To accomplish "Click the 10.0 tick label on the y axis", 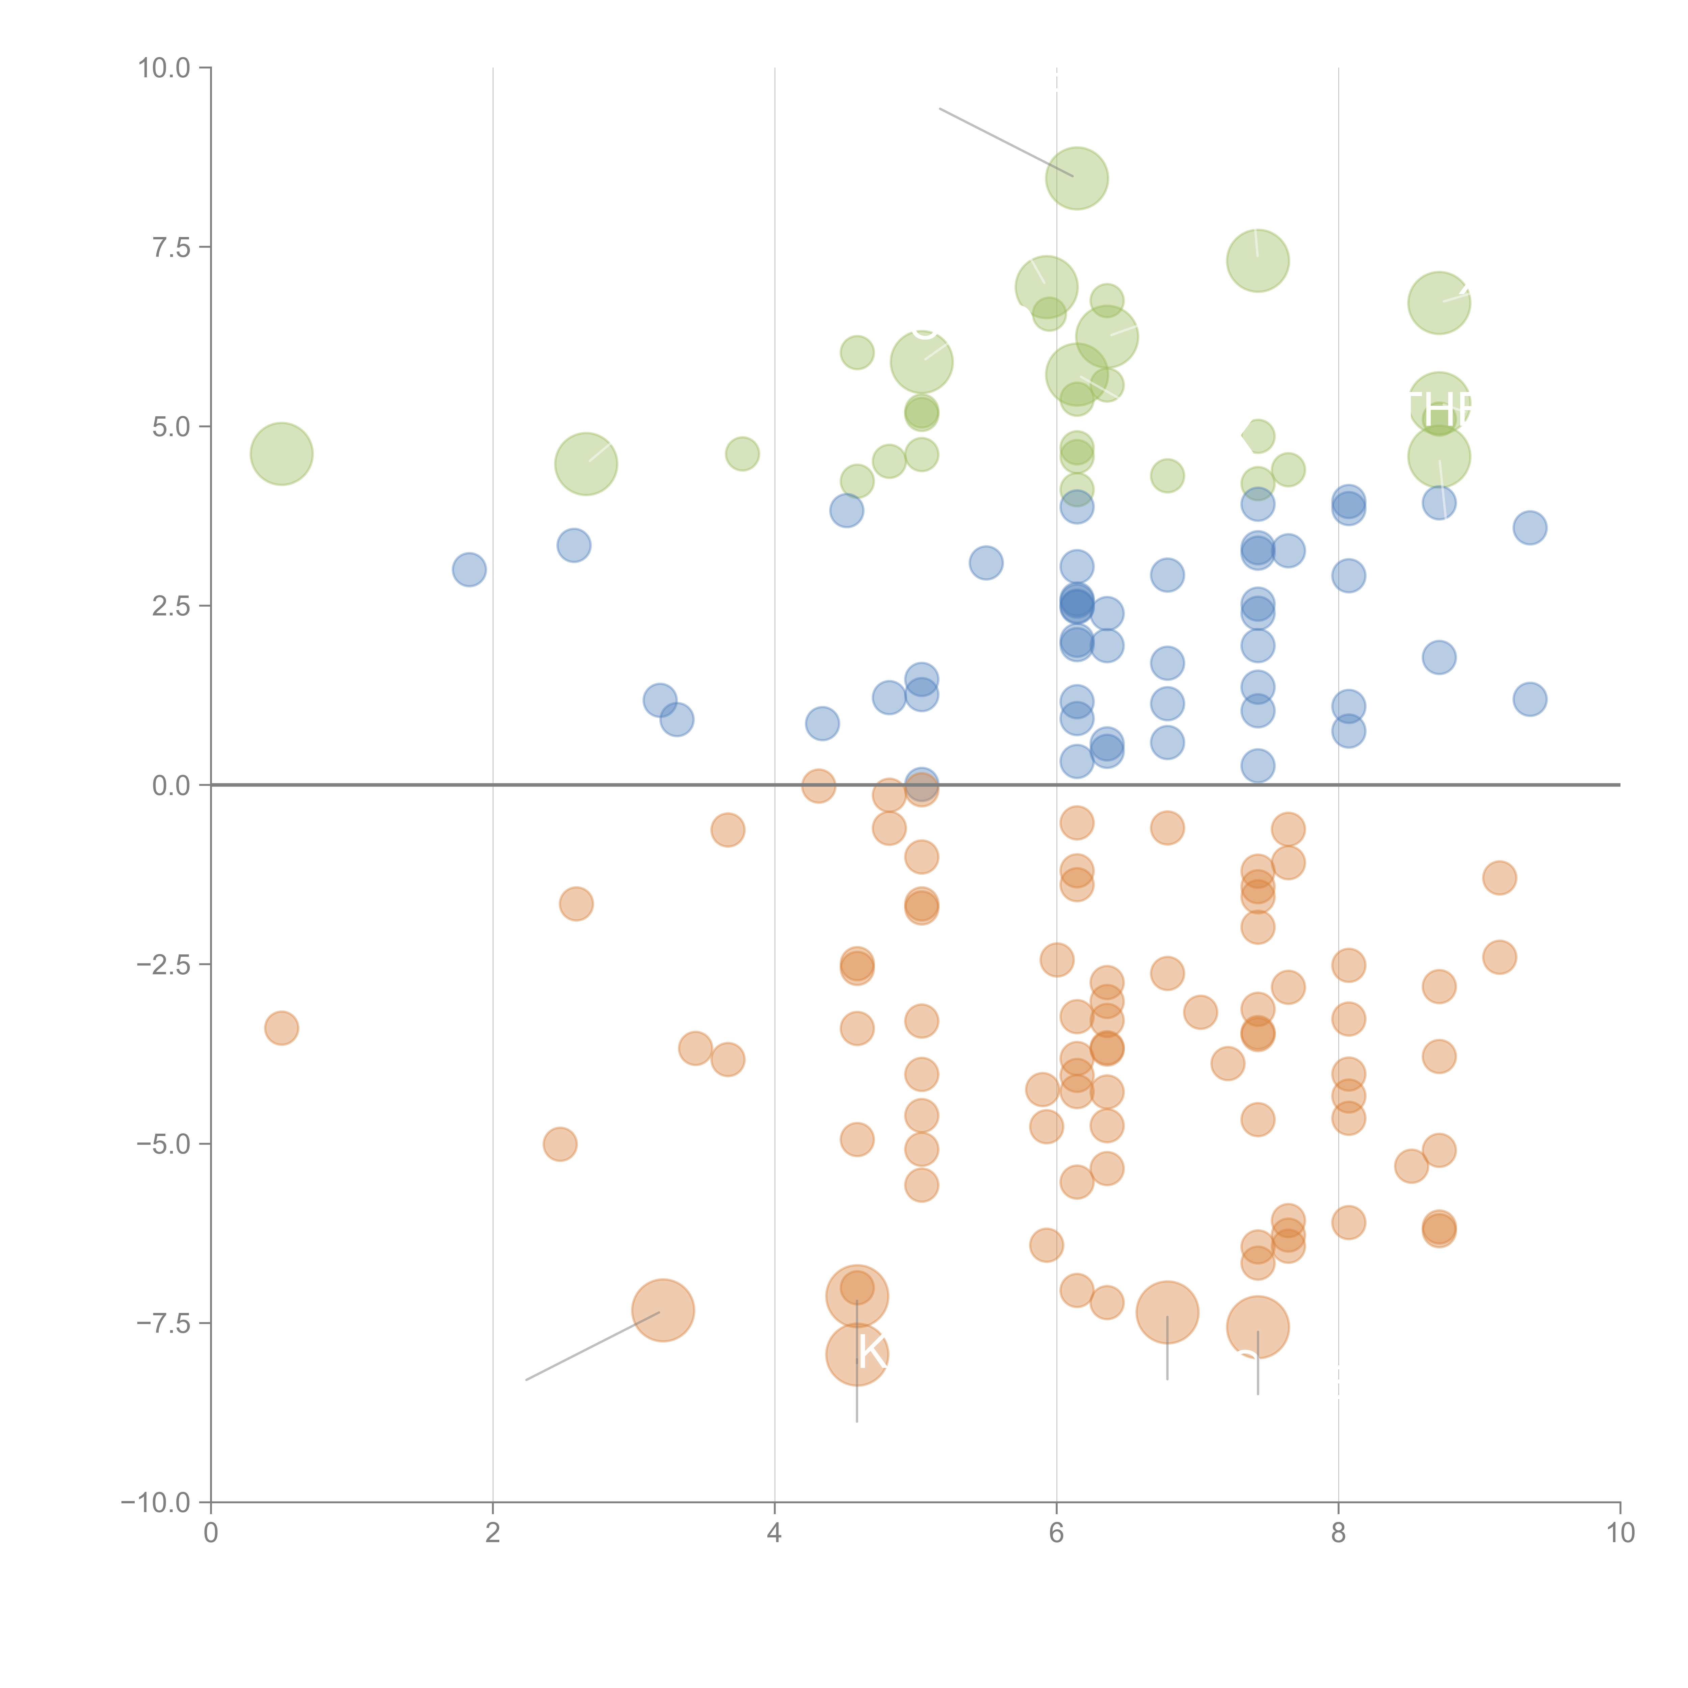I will tap(164, 68).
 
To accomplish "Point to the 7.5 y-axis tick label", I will tap(171, 247).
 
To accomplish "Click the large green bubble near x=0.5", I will tap(281, 453).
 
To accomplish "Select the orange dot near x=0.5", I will tap(281, 1028).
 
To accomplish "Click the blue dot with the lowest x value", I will tap(469, 570).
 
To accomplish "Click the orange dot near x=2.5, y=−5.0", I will tap(560, 1144).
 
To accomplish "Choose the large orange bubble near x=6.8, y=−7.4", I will tap(1167, 1312).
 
